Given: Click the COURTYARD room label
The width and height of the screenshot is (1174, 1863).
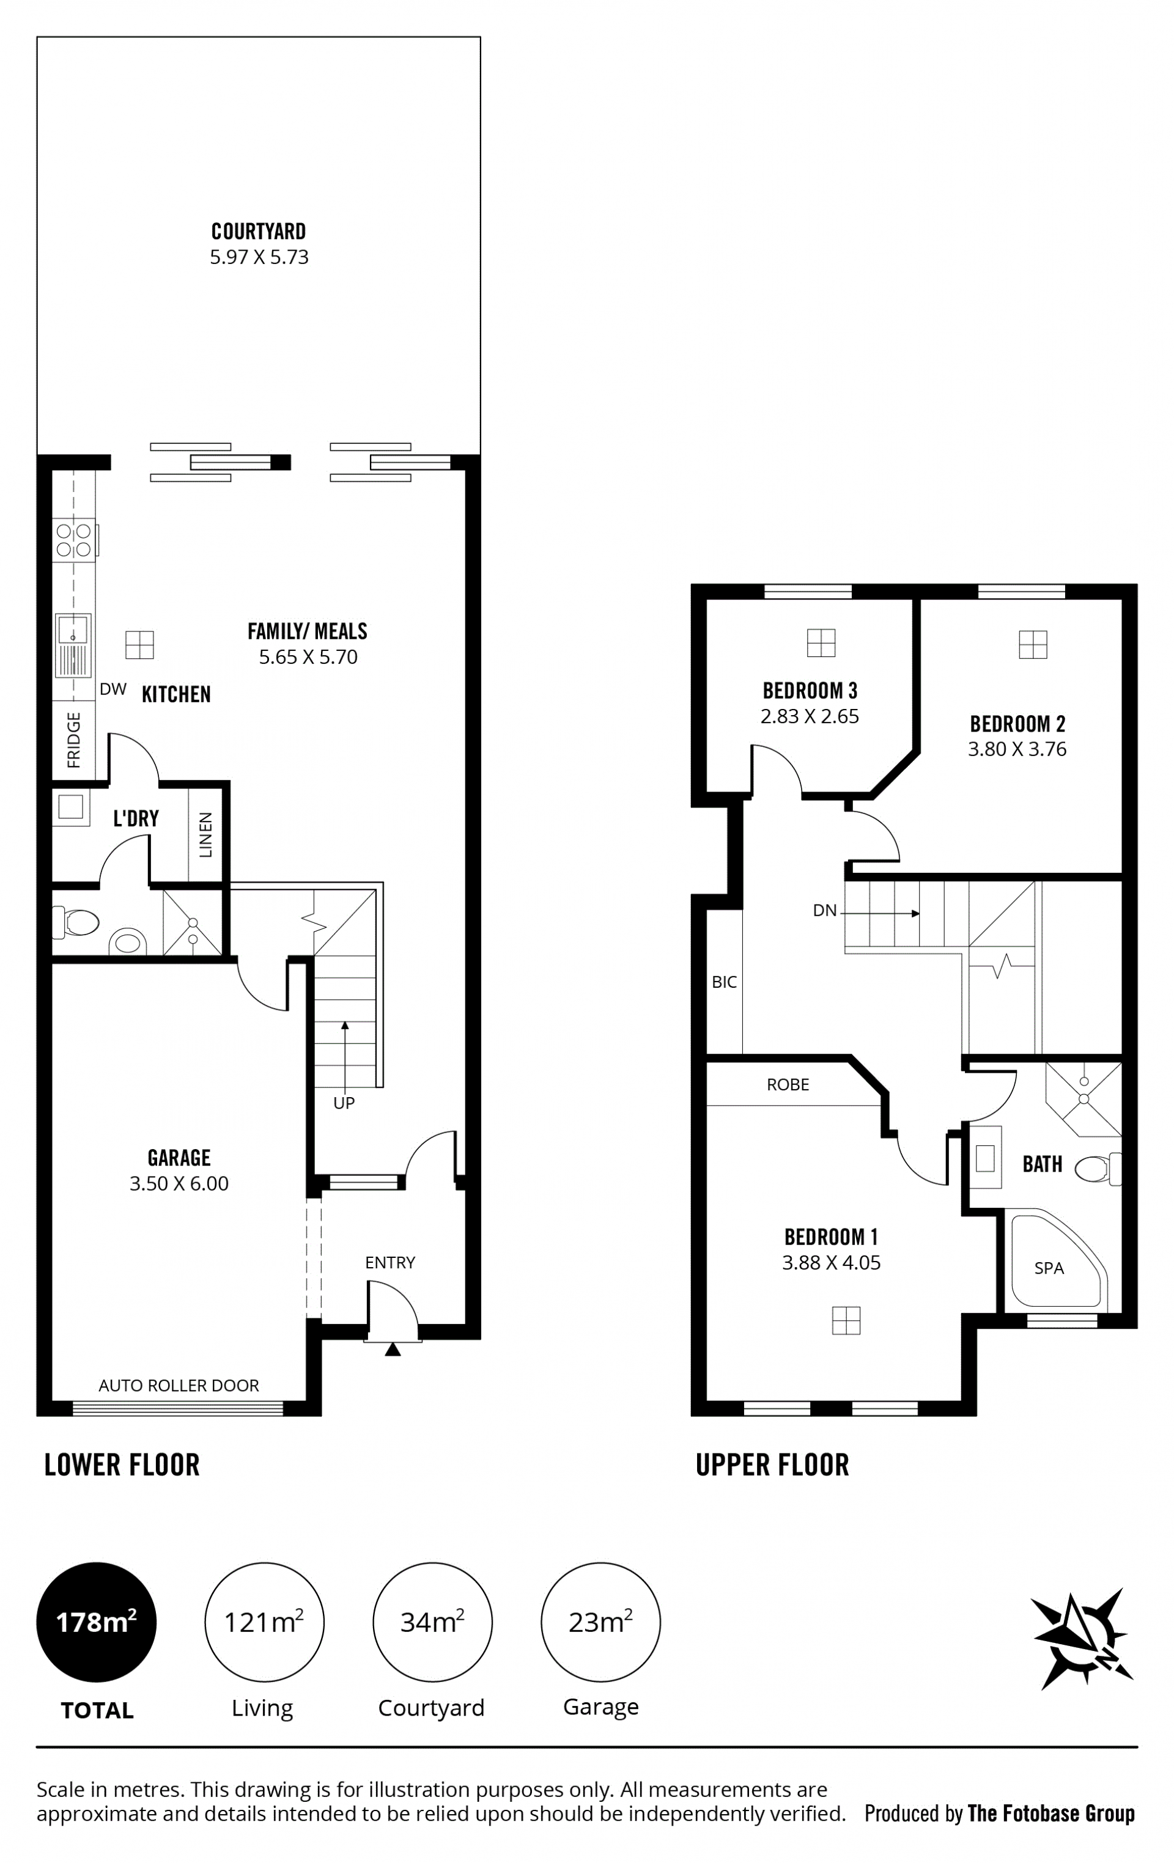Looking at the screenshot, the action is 259,231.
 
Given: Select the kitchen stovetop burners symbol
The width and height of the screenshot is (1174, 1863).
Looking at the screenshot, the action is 73,540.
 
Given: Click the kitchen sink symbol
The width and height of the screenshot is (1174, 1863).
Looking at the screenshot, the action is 73,644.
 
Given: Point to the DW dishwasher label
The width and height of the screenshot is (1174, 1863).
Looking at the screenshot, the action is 113,689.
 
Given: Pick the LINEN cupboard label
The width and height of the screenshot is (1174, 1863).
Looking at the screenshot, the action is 206,835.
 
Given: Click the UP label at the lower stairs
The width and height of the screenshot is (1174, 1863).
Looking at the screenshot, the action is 344,1103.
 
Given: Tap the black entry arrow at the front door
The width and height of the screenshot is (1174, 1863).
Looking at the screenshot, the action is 393,1350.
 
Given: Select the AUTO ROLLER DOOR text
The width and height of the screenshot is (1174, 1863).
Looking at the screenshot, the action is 179,1385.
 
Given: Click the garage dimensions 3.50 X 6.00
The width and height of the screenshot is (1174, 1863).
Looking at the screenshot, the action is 179,1184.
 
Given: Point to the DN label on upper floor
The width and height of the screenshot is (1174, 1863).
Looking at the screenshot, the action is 825,911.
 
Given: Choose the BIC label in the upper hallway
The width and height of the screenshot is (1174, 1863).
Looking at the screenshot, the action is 725,982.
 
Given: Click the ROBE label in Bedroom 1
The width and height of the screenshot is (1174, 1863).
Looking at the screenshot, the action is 788,1085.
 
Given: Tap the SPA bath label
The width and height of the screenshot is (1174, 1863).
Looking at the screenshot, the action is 1049,1268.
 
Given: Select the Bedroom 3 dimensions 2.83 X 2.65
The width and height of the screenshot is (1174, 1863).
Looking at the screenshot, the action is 810,716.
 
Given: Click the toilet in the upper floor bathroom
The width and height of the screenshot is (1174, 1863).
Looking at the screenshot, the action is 1098,1168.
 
